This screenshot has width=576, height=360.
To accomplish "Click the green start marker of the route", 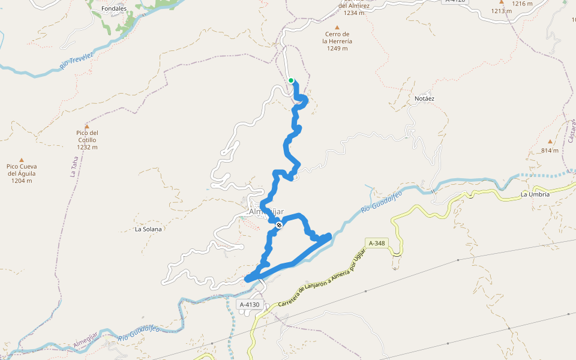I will tap(291, 80).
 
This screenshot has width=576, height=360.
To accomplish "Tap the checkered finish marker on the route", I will tap(279, 225).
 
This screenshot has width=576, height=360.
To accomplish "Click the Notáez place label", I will tap(424, 98).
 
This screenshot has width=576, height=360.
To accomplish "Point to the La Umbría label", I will tap(535, 194).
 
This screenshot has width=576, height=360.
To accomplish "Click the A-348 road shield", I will tap(377, 243).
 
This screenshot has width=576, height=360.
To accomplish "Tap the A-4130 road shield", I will tap(249, 305).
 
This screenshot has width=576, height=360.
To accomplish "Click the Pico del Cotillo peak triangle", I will tap(87, 127).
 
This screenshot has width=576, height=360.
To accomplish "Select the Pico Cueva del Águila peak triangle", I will tap(22, 160).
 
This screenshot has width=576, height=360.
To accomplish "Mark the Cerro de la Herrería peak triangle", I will tap(337, 28).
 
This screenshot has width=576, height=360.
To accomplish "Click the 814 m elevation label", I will tap(550, 151).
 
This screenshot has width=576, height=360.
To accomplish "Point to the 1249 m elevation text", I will tap(337, 49).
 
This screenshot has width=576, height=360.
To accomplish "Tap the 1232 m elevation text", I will tap(87, 147).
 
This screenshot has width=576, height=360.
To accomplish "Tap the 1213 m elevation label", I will tap(502, 11).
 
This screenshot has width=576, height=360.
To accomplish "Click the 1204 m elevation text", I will tap(22, 181).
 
